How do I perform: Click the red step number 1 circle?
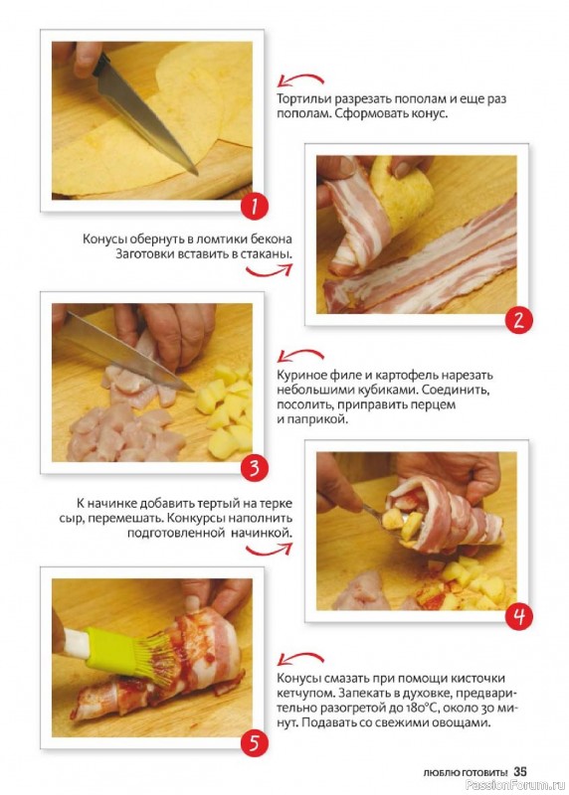click(254, 207)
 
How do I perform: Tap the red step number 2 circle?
click(518, 320)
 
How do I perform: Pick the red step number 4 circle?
click(518, 616)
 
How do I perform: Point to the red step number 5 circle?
click(254, 743)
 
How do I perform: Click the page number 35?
click(520, 772)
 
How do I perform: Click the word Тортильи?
click(303, 99)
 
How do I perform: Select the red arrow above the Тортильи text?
click(300, 80)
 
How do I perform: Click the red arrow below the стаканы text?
click(269, 271)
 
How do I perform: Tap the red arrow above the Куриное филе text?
click(300, 355)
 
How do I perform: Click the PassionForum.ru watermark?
click(514, 786)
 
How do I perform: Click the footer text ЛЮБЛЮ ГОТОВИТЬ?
click(466, 773)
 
